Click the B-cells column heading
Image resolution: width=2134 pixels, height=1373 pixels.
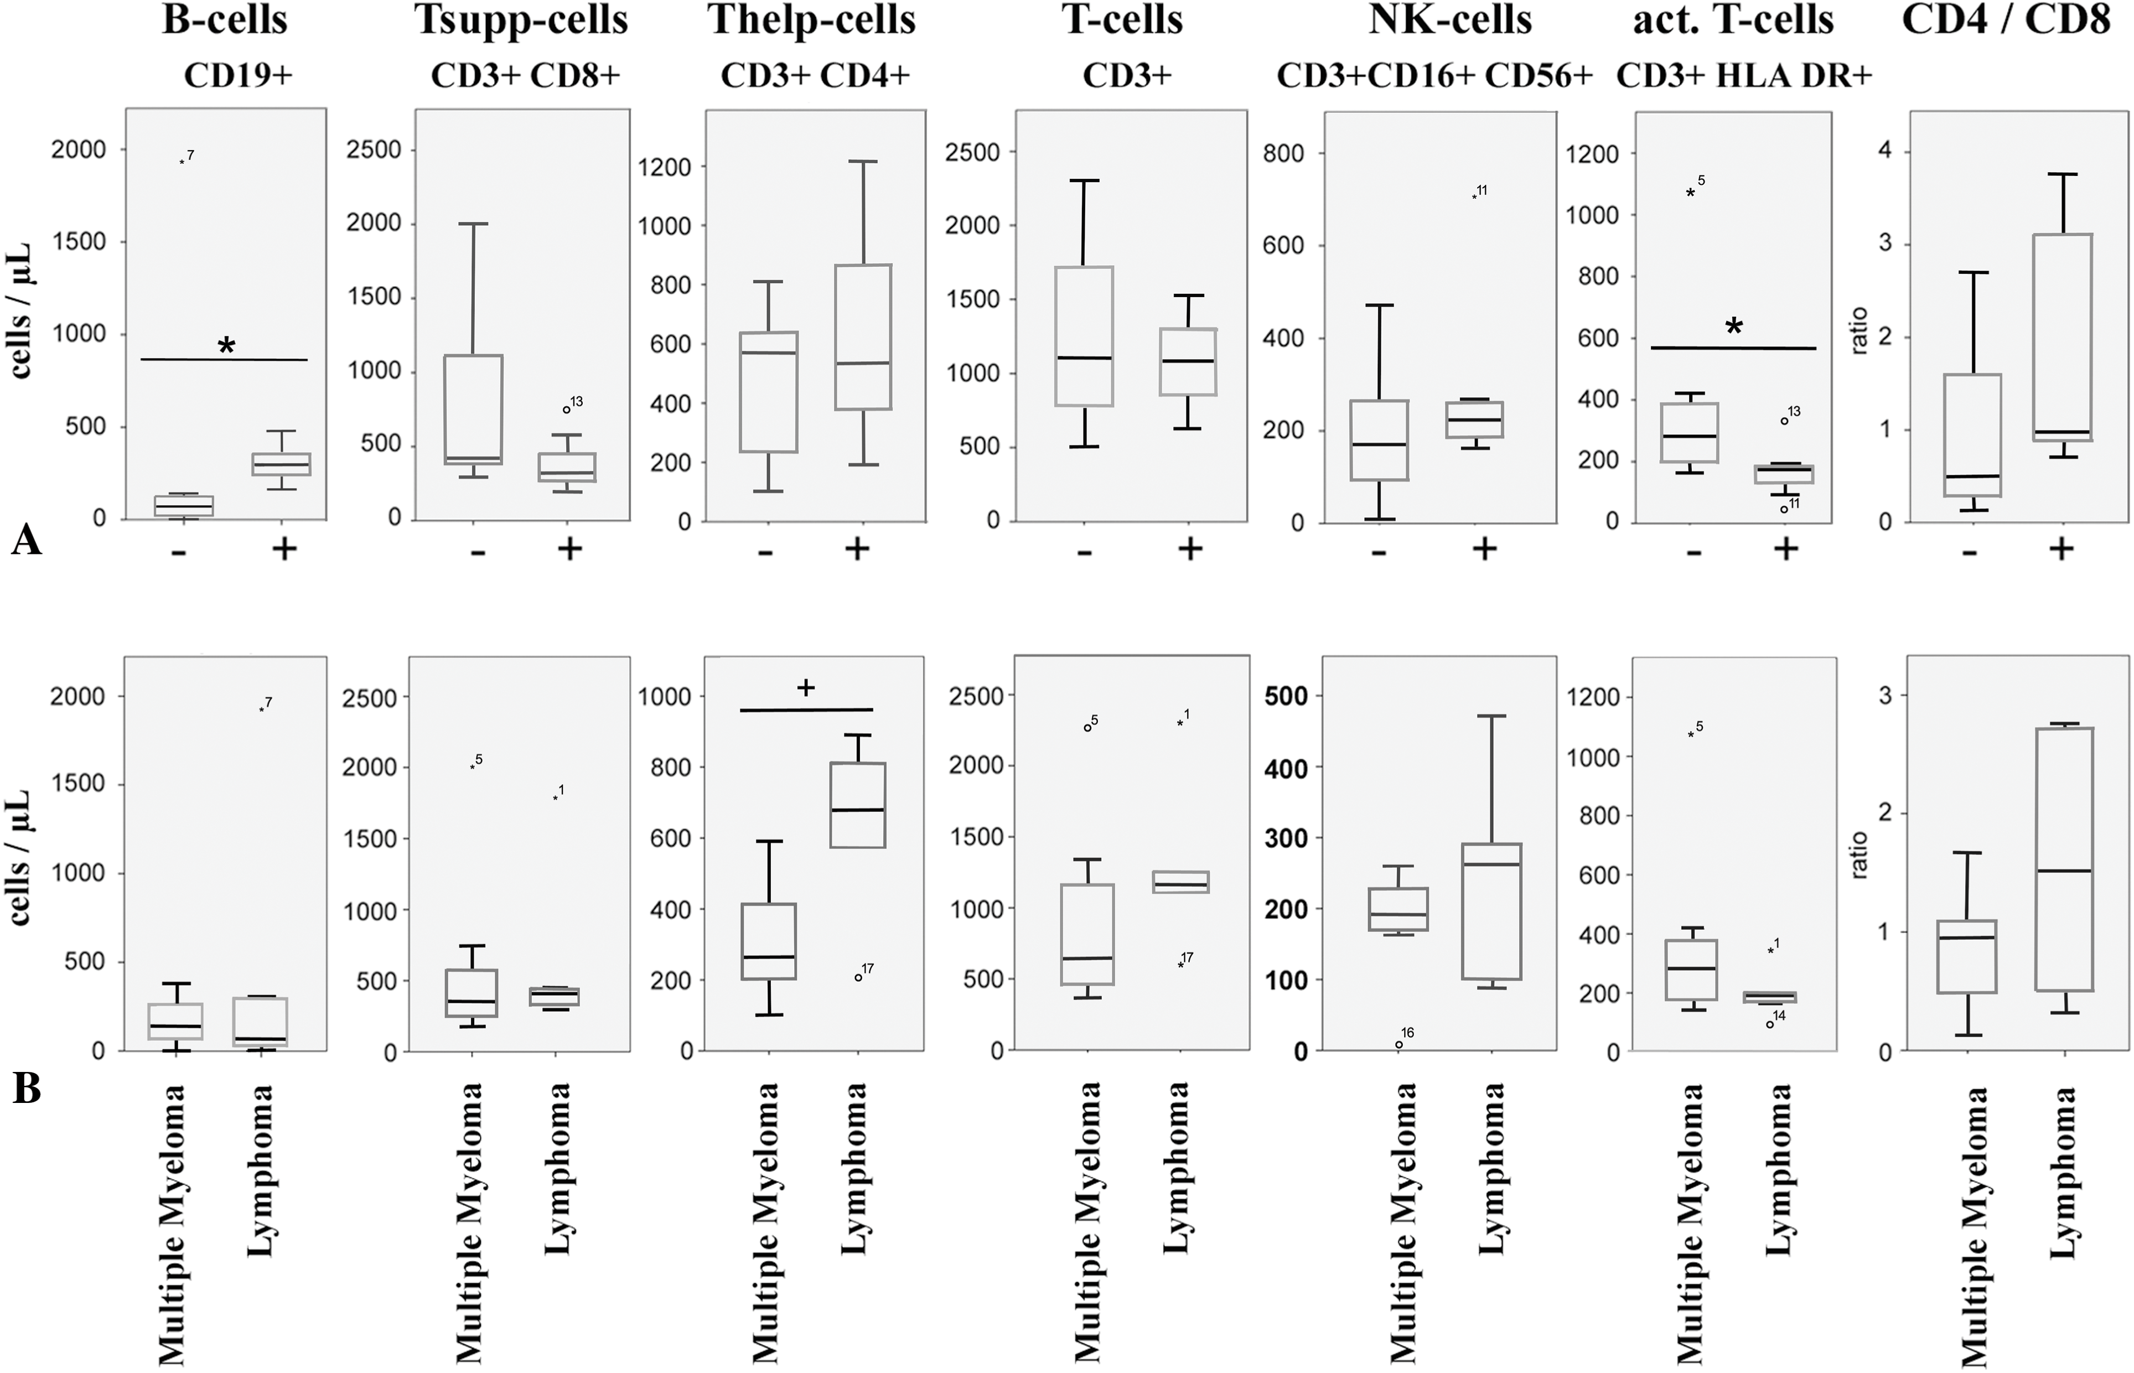point(225,19)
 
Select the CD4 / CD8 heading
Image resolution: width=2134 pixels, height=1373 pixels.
point(2006,19)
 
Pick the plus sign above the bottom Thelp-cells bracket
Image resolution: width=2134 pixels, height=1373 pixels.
point(806,687)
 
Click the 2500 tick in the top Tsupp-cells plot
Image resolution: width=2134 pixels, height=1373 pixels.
point(374,150)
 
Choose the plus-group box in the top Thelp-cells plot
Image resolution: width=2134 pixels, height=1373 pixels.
point(863,337)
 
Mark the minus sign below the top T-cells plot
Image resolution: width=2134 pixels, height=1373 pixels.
point(1084,553)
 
